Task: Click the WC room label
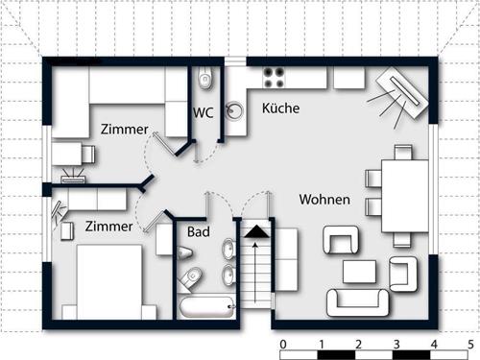click(204, 112)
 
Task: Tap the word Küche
click(280, 108)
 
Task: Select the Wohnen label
click(324, 200)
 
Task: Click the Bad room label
click(199, 231)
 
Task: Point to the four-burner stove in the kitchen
click(274, 78)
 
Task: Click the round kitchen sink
click(234, 110)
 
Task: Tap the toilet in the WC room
click(205, 78)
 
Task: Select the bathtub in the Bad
click(206, 307)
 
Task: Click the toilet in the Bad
click(190, 277)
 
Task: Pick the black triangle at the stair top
click(256, 231)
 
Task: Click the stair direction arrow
click(255, 273)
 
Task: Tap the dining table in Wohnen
click(405, 196)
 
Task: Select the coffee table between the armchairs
click(359, 272)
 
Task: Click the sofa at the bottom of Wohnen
click(358, 302)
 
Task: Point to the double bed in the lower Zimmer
click(109, 282)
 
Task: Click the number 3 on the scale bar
click(396, 345)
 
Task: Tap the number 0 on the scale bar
click(283, 345)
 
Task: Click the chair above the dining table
click(403, 153)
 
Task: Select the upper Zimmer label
click(125, 130)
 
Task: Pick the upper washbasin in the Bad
click(228, 248)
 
